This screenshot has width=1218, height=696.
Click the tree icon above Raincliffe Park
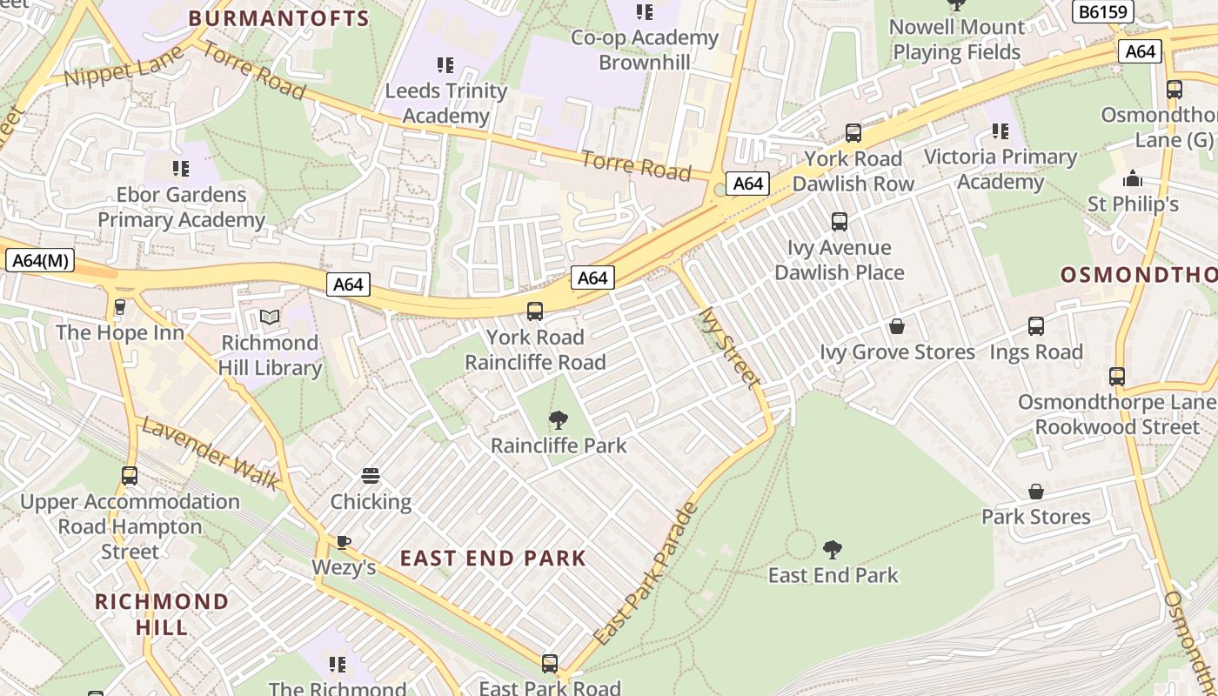pyautogui.click(x=559, y=421)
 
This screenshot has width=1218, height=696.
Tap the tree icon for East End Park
pyautogui.click(x=833, y=550)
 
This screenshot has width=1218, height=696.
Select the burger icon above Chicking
pyautogui.click(x=371, y=477)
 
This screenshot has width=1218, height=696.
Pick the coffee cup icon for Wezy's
pyautogui.click(x=344, y=543)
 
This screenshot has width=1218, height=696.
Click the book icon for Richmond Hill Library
pyautogui.click(x=270, y=318)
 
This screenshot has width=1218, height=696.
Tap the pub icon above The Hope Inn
pyautogui.click(x=120, y=307)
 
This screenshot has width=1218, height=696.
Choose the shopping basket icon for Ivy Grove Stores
pyautogui.click(x=897, y=327)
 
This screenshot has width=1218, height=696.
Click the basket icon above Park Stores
pyautogui.click(x=1035, y=492)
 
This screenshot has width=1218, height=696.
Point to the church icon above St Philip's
pyautogui.click(x=1133, y=179)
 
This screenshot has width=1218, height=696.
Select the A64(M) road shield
pyautogui.click(x=39, y=260)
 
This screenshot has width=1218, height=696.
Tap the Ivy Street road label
pyautogui.click(x=729, y=346)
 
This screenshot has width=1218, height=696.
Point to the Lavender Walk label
pyautogui.click(x=210, y=452)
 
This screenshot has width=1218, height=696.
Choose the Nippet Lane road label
pyautogui.click(x=124, y=66)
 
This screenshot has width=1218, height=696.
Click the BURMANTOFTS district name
pyautogui.click(x=278, y=18)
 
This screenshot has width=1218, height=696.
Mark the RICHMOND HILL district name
pyautogui.click(x=162, y=614)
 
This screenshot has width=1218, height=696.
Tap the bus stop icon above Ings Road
pyautogui.click(x=1035, y=326)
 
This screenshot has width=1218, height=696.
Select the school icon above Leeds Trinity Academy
pyautogui.click(x=445, y=65)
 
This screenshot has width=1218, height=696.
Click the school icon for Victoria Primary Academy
pyautogui.click(x=1000, y=131)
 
